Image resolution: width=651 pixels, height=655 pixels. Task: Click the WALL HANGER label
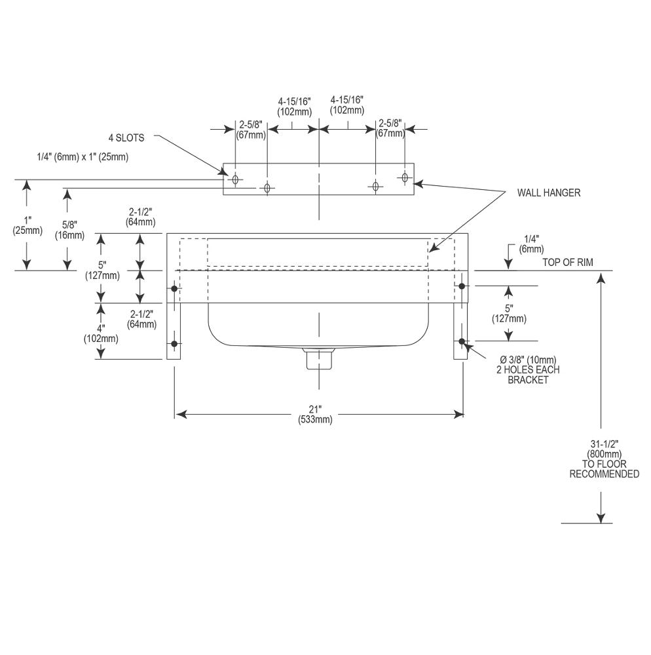[x=548, y=193]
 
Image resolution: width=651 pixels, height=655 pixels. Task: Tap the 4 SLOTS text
[x=126, y=138]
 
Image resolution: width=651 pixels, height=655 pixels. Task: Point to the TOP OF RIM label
[x=567, y=263]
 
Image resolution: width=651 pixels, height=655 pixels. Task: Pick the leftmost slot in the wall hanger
[x=236, y=179]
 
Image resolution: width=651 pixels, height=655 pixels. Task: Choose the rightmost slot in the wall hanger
[x=405, y=177]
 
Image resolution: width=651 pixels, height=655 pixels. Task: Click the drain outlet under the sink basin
[x=319, y=358]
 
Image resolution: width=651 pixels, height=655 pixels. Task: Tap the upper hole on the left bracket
[x=175, y=289]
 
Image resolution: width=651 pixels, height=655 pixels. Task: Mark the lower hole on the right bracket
[x=462, y=342]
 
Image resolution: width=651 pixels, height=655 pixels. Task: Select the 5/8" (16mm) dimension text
[x=69, y=230]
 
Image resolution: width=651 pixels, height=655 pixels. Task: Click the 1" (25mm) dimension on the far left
[x=28, y=225]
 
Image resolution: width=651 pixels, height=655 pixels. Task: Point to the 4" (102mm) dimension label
[x=101, y=333]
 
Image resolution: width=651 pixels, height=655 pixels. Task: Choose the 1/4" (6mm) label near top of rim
[x=532, y=244]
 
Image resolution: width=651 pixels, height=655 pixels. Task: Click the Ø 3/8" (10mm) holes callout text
[x=528, y=369]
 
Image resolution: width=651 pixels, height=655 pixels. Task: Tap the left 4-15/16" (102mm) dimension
[x=294, y=107]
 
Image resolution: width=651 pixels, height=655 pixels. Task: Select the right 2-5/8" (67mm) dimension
[x=390, y=128]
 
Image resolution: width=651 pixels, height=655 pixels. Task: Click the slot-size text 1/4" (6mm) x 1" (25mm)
[x=83, y=157]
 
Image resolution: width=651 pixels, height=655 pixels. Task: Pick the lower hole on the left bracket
[x=175, y=344]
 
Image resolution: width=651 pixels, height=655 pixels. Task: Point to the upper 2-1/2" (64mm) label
[x=141, y=217]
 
